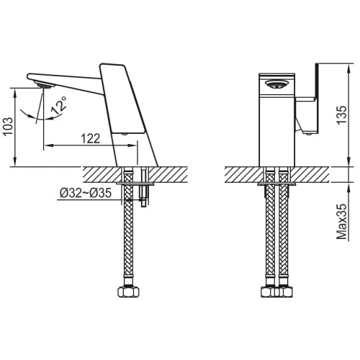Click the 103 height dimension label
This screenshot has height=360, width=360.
coord(8,127)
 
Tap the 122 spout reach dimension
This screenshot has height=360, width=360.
coord(91,139)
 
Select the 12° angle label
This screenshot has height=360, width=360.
coord(59,105)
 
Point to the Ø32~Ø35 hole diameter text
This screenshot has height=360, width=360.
coord(86,193)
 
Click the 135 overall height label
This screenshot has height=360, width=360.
coord(342,115)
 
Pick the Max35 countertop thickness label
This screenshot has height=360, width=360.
coord(342,222)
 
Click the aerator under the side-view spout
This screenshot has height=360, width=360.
coord(45,85)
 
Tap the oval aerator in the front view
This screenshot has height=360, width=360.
coord(276,84)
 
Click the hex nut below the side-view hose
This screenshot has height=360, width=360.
coord(129,292)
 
